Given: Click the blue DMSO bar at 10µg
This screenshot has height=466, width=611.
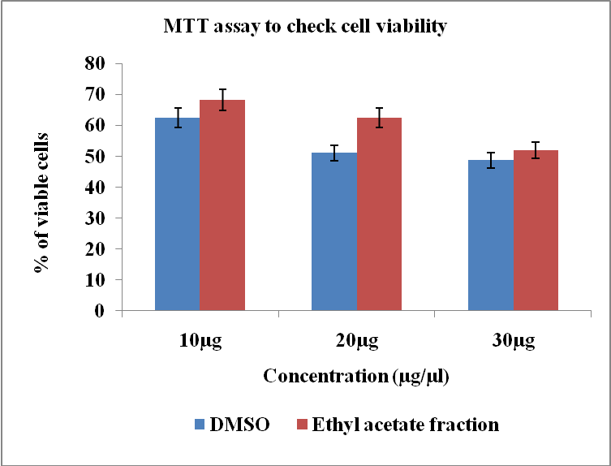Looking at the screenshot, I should click(177, 214).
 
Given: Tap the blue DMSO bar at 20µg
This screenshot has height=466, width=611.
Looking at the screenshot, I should click(334, 231).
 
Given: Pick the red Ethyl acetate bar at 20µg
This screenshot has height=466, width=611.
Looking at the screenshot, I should click(379, 214).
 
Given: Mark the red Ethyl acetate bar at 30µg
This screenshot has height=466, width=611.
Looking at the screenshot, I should click(536, 231).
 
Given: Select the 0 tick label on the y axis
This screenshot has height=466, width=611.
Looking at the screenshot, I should click(101, 311).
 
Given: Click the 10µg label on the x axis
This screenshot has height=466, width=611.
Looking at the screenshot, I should click(200, 341).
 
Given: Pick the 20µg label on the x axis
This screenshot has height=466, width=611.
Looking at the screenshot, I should click(356, 341).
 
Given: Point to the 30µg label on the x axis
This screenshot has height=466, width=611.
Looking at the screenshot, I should click(513, 341).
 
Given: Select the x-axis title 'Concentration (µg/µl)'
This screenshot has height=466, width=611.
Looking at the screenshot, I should click(356, 377).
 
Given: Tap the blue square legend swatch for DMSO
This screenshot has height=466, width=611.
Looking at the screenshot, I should click(200, 424).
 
